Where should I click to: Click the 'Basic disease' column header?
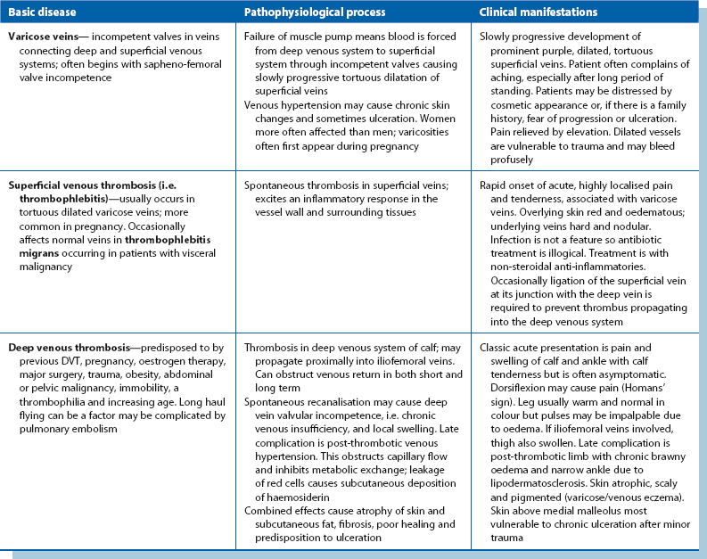point(44,13)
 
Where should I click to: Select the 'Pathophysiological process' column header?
point(305,13)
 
